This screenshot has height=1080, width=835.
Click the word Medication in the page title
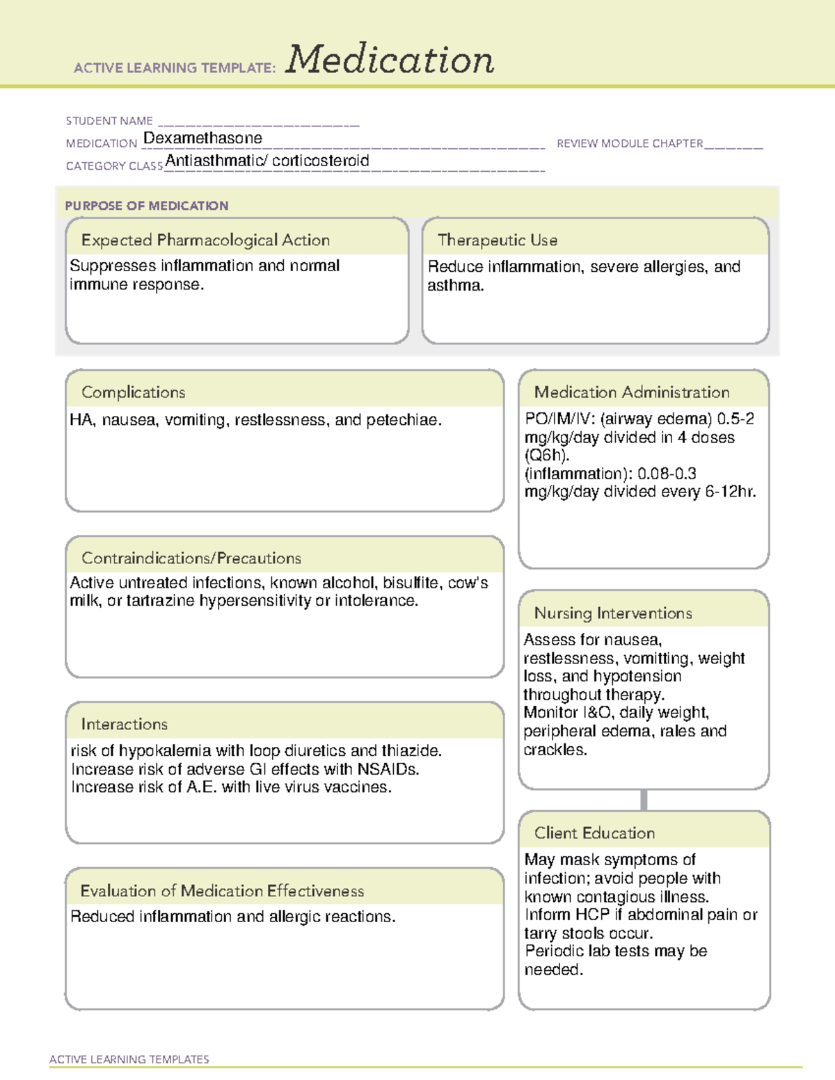pos(390,60)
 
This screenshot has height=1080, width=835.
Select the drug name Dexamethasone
pos(202,138)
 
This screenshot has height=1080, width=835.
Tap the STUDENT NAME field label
pos(109,121)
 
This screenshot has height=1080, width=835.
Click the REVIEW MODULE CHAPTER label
pos(630,143)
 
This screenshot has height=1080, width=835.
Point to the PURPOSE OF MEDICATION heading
pos(147,206)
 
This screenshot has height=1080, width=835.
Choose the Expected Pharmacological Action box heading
pos(205,240)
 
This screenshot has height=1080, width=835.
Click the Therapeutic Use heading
pos(498,240)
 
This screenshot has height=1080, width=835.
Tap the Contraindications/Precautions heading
pos(191,558)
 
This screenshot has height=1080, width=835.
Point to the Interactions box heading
pos(125,724)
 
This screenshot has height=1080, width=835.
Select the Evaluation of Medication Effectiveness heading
pos(222,891)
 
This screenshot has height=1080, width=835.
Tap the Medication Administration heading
pos(632,392)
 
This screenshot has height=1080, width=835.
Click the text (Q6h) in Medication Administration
pos(547,456)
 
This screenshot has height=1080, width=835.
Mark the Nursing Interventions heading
pos(613,613)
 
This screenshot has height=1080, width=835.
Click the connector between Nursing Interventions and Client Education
pos(644,800)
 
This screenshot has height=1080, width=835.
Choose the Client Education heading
pos(594,833)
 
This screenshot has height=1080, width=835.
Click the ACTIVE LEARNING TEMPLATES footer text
pos(129,1059)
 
